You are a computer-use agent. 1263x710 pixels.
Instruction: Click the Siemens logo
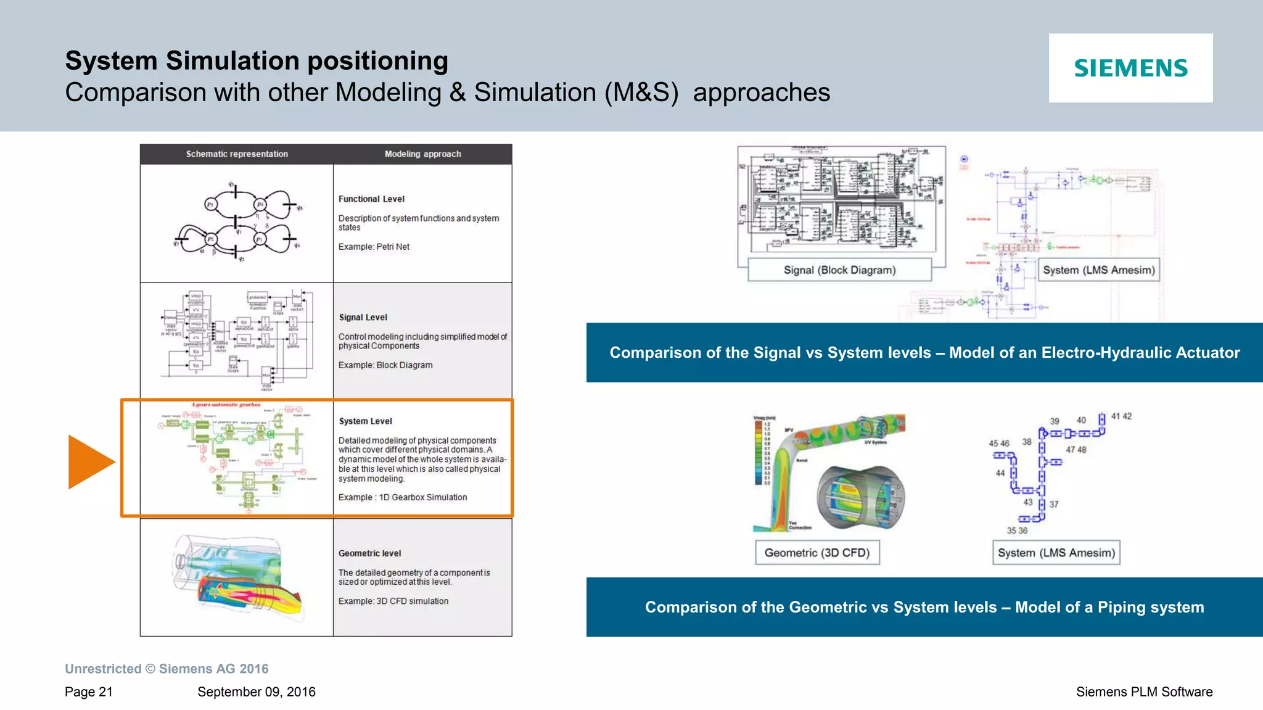tap(1130, 68)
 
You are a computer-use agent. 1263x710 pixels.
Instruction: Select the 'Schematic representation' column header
tap(237, 154)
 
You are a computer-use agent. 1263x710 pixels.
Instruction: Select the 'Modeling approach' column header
tap(422, 154)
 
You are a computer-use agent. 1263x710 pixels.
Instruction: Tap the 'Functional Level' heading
tap(371, 199)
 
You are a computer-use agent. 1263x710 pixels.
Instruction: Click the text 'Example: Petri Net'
tap(374, 247)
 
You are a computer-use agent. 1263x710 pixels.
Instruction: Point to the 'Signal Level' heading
tap(363, 318)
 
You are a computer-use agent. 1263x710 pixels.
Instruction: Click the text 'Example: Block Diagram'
tap(385, 365)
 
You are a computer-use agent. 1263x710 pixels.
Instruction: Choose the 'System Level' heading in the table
tap(365, 421)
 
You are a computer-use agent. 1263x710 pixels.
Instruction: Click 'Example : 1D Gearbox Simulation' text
tap(403, 497)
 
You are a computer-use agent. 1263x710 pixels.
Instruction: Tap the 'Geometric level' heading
tap(369, 554)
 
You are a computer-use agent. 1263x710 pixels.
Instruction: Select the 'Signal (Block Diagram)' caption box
tap(839, 270)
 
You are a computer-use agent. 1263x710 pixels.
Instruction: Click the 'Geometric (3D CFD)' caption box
tap(817, 553)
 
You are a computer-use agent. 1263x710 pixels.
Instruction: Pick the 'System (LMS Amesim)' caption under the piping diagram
tap(1056, 553)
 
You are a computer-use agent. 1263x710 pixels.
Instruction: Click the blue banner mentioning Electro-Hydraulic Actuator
tap(924, 353)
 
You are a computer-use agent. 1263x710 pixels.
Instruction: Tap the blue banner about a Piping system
tap(924, 607)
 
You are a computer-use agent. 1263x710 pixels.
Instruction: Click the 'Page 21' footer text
tap(89, 692)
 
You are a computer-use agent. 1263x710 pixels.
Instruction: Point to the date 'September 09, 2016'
tap(256, 692)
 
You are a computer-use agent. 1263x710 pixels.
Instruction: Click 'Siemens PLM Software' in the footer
tap(1144, 692)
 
